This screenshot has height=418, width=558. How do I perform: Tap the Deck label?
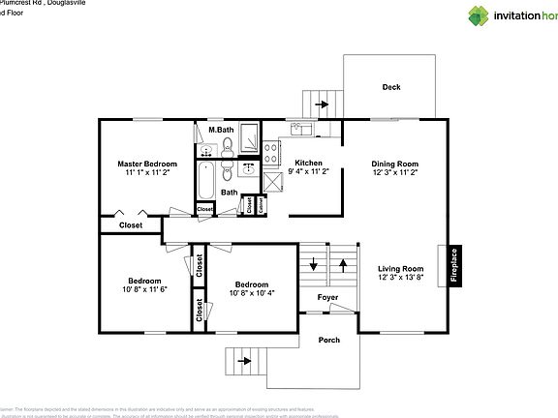391,87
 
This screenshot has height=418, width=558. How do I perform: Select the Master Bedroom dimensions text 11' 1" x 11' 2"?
147,173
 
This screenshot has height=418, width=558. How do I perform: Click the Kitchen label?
308,163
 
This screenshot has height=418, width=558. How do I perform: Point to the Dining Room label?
394,164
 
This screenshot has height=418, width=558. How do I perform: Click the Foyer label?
328,297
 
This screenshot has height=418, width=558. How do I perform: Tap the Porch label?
329,341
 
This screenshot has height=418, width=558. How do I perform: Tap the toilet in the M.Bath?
226,146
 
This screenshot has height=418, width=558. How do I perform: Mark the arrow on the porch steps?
243,360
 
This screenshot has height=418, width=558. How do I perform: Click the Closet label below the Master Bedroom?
131,225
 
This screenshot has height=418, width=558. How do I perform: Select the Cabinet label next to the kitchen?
260,205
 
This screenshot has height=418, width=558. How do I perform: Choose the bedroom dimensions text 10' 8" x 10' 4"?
251,293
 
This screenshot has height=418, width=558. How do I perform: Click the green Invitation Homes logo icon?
481,15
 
